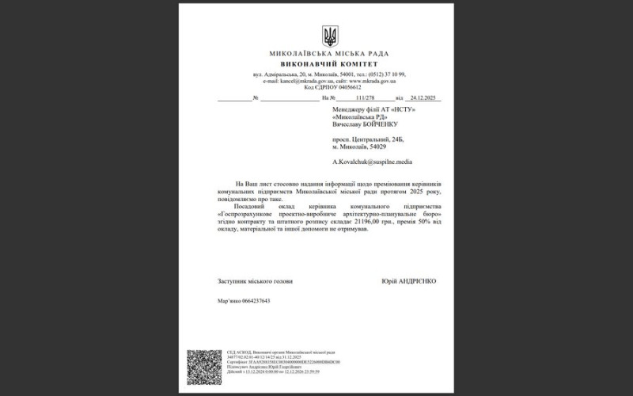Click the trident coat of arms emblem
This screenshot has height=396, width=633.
pyautogui.click(x=330, y=36)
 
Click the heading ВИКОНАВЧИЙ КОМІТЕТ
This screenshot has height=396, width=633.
pyautogui.click(x=329, y=63)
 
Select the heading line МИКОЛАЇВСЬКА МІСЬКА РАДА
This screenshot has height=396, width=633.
pyautogui.click(x=329, y=53)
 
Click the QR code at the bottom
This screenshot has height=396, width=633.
pyautogui.click(x=204, y=367)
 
